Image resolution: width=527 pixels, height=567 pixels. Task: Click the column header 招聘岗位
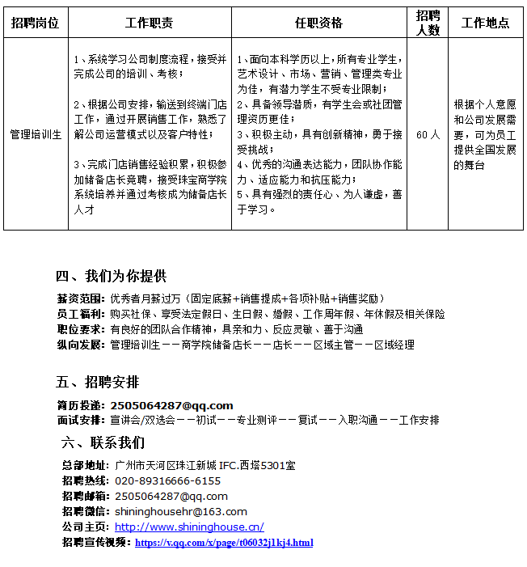[36, 23]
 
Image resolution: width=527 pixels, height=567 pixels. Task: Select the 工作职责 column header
[150, 23]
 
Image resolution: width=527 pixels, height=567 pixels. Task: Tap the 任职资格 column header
[318, 23]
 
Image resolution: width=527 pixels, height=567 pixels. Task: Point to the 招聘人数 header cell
[428, 23]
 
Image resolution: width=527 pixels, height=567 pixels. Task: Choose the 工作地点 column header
[485, 23]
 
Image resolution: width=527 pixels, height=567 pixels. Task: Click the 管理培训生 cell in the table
[36, 134]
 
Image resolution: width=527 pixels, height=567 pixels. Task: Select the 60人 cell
[428, 134]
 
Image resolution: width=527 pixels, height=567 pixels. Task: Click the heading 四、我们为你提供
[111, 275]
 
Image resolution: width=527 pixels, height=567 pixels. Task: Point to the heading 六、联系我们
[103, 442]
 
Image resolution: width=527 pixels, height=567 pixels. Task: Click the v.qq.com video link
[224, 542]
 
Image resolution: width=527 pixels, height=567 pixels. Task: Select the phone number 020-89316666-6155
[167, 480]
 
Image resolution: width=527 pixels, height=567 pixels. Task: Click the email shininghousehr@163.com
[181, 511]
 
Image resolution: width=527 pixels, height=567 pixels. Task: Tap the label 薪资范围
[80, 298]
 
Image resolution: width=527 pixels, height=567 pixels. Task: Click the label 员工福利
[80, 314]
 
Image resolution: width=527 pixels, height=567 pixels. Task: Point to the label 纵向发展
[80, 345]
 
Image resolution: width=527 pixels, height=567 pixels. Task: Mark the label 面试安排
[80, 421]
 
